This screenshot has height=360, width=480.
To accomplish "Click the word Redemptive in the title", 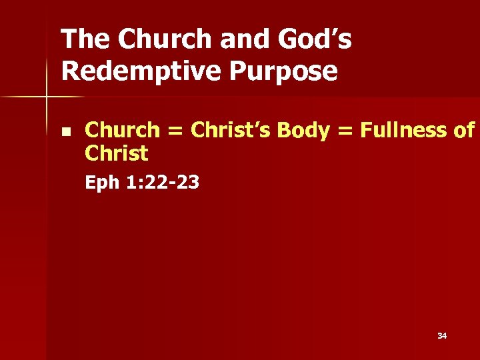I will tap(135, 71).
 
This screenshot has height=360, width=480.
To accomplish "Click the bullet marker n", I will tap(65, 130).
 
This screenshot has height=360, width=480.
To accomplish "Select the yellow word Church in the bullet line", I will tap(123, 130).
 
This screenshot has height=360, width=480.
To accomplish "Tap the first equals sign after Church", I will tap(176, 131).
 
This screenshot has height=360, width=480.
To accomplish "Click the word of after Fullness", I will tap(463, 130).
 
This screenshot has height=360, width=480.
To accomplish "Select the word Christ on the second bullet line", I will tap(117, 153).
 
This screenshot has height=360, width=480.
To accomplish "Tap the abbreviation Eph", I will tap(101, 183).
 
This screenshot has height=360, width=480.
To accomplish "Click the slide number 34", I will tap(442, 336).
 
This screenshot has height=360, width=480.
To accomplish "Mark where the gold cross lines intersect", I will tap(47, 97).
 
